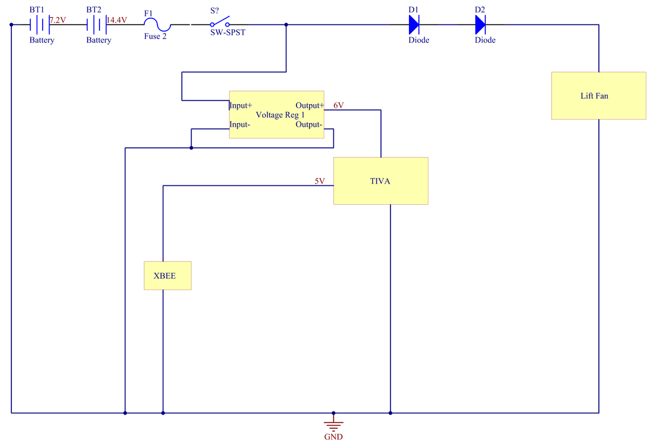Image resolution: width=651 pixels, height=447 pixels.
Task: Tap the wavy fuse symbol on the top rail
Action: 156,25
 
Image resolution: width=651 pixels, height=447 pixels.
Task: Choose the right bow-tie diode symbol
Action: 481,24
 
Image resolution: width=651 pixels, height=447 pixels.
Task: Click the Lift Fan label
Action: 594,96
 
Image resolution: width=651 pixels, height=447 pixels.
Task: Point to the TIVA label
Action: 380,181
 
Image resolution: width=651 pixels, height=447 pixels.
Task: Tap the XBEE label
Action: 165,276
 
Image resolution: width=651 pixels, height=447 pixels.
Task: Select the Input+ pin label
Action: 241,105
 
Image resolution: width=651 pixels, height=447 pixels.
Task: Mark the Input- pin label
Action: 240,124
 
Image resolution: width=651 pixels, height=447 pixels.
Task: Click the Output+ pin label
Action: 310,105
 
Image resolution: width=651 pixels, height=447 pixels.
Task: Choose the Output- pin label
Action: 309,124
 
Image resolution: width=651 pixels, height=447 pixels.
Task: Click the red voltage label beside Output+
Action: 339,105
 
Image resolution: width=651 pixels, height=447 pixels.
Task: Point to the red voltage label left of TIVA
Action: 320,180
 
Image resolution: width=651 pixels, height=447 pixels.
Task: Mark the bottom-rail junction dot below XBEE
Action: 163,413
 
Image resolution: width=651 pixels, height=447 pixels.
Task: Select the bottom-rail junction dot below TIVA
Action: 390,413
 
